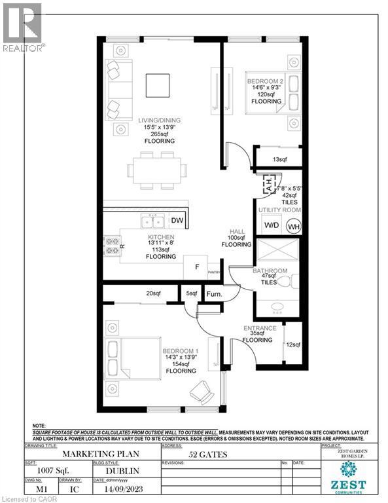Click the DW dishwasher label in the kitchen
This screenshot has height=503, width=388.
tap(177, 221)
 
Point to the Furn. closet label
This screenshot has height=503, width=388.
tap(214, 295)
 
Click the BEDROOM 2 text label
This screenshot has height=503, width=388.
tap(266, 79)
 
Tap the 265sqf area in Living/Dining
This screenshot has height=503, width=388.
tap(159, 130)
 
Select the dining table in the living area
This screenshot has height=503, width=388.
tap(154, 171)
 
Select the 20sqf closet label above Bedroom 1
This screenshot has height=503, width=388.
tap(154, 293)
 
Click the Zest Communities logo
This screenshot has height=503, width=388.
tap(352, 477)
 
